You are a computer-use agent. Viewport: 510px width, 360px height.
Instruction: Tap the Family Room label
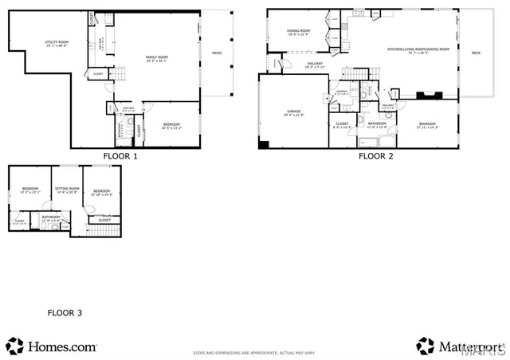click(155, 59)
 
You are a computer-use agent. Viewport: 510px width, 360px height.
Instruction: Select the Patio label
click(217, 53)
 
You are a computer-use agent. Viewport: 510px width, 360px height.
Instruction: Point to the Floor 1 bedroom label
click(171, 125)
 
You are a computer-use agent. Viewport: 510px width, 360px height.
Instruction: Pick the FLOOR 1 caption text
click(120, 157)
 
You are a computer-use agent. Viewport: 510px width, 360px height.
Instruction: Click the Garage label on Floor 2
click(292, 112)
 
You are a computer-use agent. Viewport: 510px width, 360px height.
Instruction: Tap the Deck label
click(476, 53)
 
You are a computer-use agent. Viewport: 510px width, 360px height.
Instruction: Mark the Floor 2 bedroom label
click(428, 125)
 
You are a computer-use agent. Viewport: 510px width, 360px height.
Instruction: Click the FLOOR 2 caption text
click(375, 157)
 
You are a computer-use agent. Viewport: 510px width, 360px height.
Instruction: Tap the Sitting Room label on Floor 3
click(66, 190)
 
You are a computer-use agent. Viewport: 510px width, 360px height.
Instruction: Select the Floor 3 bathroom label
click(51, 217)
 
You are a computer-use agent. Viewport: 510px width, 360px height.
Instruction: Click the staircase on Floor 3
click(105, 231)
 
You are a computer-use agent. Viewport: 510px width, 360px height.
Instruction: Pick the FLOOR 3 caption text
click(65, 313)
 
